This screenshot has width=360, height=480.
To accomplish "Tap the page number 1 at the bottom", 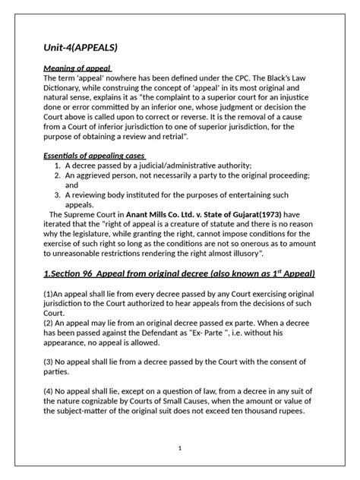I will tap(180, 449).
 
